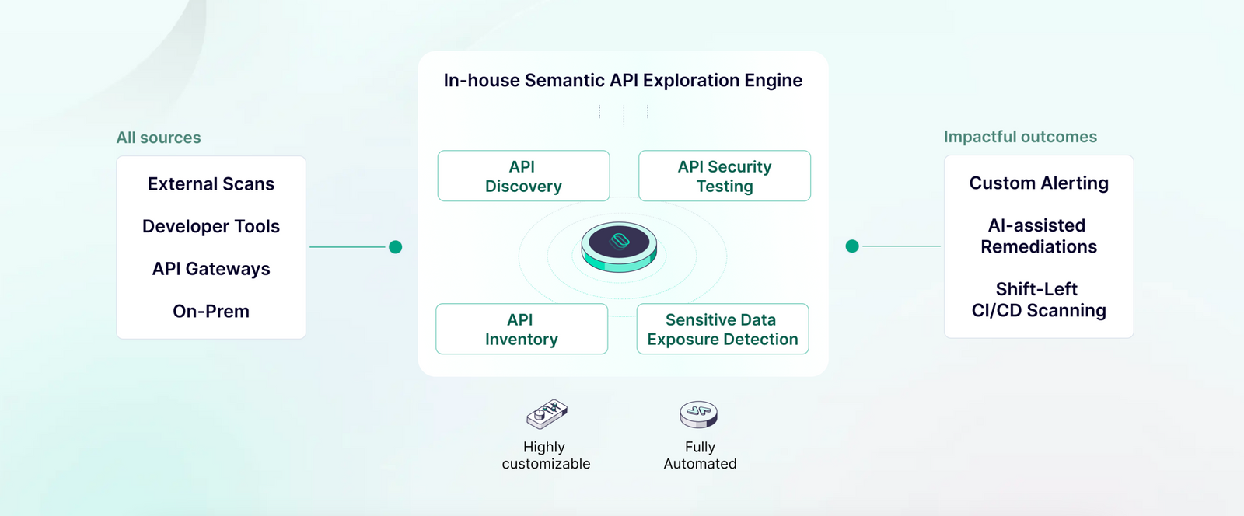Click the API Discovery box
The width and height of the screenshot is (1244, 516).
pos(523,176)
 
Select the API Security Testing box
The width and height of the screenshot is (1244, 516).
pos(725,176)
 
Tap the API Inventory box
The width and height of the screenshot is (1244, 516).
pos(522,329)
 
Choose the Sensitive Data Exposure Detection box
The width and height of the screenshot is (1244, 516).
pos(722,329)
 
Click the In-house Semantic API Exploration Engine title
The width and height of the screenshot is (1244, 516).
pos(623,81)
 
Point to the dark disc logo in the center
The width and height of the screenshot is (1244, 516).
pos(620,242)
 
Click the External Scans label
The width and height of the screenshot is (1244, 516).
pos(211,184)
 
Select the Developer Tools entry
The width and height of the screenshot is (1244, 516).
pos(211,227)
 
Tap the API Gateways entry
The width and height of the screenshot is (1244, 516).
pos(211,269)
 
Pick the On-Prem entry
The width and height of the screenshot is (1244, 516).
pos(211,312)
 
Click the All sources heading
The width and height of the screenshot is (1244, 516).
pos(159,138)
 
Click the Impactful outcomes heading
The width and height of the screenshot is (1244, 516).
pos(1020,137)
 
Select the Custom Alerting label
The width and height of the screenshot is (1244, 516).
pos(1039,183)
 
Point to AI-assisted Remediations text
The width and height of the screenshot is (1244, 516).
pos(1039,236)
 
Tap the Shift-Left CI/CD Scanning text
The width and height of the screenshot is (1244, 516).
pos(1039,300)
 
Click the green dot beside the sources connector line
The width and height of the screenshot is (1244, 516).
pos(395,247)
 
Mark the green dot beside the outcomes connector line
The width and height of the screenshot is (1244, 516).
pos(852,246)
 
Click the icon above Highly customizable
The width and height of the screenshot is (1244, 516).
pos(547,414)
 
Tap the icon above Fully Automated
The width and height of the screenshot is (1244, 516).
pos(699,414)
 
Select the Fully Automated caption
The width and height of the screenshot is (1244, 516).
pos(700,455)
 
